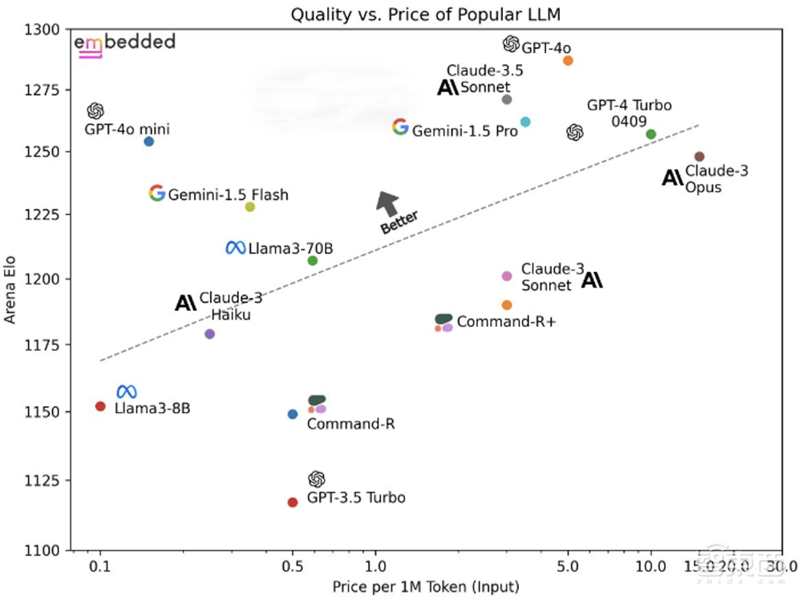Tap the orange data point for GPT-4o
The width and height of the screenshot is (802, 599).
click(x=568, y=60)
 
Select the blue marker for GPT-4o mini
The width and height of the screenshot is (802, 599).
click(x=148, y=141)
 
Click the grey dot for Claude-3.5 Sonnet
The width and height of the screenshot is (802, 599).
click(x=506, y=100)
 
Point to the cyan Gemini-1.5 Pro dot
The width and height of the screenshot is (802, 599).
click(x=525, y=122)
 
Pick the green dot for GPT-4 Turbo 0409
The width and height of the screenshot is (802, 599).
click(x=650, y=134)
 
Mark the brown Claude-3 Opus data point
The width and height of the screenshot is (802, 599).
click(x=699, y=157)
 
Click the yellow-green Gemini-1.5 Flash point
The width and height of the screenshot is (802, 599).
click(x=249, y=207)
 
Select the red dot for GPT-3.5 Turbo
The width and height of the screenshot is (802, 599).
click(x=293, y=503)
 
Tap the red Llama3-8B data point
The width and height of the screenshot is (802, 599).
click(x=100, y=406)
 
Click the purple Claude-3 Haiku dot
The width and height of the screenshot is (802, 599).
click(x=210, y=334)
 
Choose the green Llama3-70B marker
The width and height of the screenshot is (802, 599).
click(x=313, y=260)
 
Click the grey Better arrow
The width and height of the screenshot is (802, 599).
click(x=389, y=204)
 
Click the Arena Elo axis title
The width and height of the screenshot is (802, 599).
click(x=11, y=289)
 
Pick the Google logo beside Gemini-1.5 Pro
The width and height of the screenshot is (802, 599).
click(x=400, y=127)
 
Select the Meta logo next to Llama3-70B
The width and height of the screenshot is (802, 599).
click(x=235, y=248)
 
